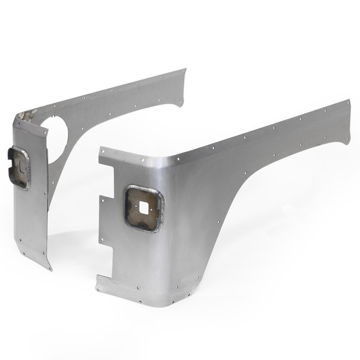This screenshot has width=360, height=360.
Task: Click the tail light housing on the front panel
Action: pyautogui.click(x=144, y=208)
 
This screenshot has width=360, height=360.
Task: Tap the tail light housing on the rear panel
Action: pyautogui.click(x=19, y=168)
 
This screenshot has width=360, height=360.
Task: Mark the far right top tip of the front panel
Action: pyautogui.click(x=349, y=101)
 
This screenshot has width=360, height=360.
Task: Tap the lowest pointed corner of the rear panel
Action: pyautogui.click(x=50, y=269)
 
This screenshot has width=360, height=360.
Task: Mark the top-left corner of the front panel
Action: pyautogui.click(x=100, y=148)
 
